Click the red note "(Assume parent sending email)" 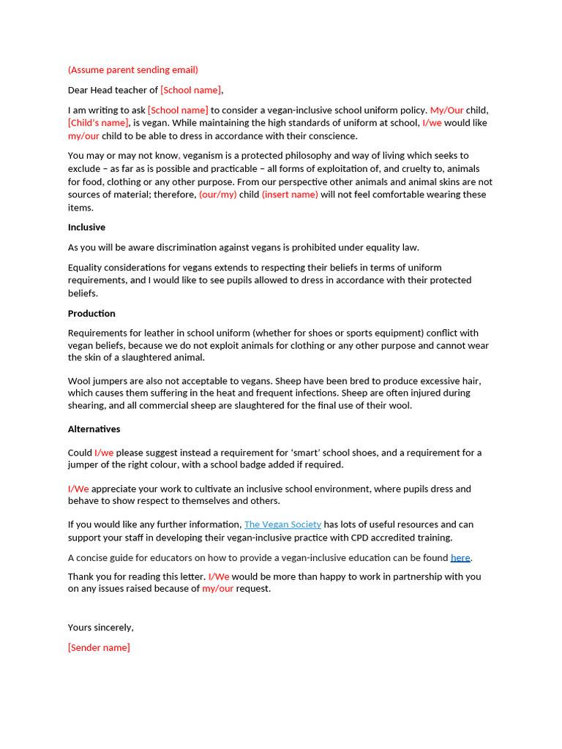(132, 70)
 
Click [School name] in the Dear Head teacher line (190, 90)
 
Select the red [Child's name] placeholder (98, 123)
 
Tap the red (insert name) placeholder (290, 195)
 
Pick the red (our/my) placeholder (217, 195)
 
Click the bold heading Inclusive (86, 227)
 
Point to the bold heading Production (91, 314)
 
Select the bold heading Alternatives (94, 429)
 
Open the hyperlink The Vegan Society (282, 524)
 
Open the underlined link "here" (460, 557)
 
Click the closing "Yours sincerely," (100, 628)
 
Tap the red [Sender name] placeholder (99, 647)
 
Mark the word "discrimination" (174, 247)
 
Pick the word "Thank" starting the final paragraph (81, 576)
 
